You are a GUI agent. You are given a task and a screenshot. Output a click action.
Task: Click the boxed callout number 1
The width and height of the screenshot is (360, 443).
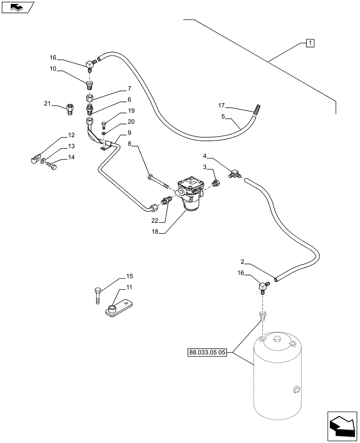click(x=310, y=43)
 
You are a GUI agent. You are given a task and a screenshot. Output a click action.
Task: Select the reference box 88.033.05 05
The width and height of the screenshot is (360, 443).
click(x=207, y=353)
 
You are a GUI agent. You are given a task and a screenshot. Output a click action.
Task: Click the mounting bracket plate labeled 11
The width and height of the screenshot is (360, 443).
click(x=119, y=308)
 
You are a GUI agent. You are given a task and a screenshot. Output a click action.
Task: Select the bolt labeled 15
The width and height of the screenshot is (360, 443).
click(x=98, y=295)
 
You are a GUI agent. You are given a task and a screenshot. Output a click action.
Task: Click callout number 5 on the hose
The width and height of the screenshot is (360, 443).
click(x=224, y=117)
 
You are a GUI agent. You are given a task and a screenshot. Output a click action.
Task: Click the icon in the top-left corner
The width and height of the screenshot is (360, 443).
click(x=17, y=7)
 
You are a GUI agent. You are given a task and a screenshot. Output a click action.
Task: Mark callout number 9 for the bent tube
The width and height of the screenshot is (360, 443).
click(x=129, y=132)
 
